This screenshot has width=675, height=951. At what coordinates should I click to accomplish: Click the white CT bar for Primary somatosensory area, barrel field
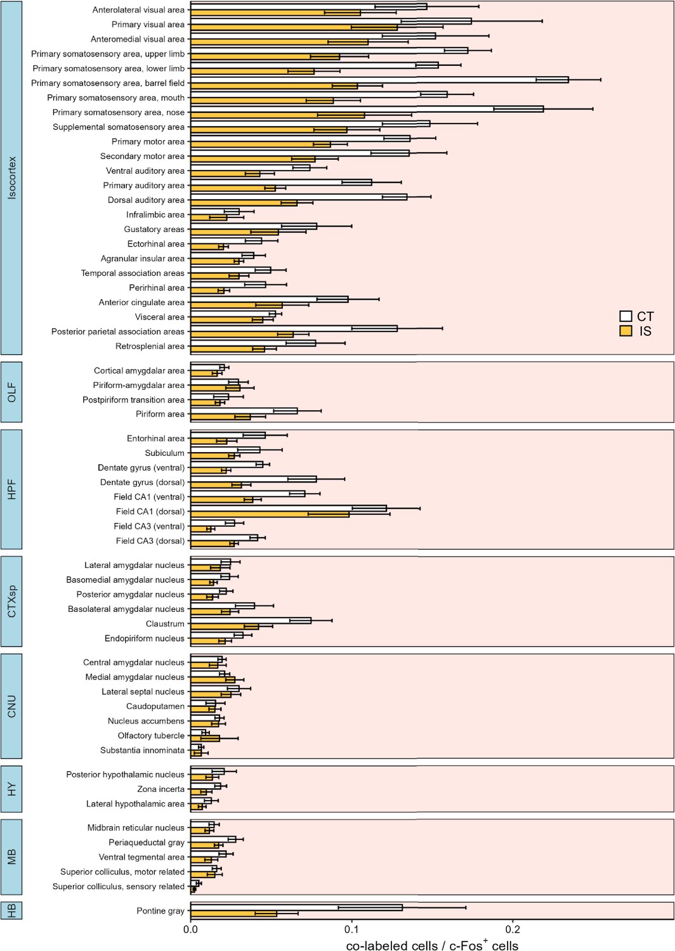tap(379, 80)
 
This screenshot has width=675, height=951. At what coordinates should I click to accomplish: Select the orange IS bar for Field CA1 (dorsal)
tap(270, 515)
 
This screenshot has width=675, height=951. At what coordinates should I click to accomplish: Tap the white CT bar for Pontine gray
tap(296, 908)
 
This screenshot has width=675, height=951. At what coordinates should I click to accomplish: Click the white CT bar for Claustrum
tap(251, 621)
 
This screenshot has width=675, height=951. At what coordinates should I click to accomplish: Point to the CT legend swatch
tap(626, 316)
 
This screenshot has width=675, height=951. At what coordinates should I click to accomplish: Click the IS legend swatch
tap(626, 331)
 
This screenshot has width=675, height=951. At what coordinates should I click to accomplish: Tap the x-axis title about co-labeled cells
tap(432, 945)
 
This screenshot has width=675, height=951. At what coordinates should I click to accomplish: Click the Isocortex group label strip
tap(11, 178)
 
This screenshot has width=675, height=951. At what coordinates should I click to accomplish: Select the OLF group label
tap(11, 392)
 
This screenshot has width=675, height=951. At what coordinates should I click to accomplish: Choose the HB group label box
tap(11, 910)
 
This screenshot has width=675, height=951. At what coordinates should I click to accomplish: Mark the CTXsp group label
tap(11, 602)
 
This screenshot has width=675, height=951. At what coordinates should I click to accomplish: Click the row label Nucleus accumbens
tap(146, 721)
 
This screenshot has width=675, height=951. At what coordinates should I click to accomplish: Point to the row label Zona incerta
tap(161, 789)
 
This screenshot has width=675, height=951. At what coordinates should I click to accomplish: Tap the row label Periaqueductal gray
tap(147, 843)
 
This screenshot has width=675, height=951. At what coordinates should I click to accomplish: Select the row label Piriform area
tap(160, 414)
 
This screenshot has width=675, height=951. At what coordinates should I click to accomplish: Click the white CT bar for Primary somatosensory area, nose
tap(367, 109)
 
